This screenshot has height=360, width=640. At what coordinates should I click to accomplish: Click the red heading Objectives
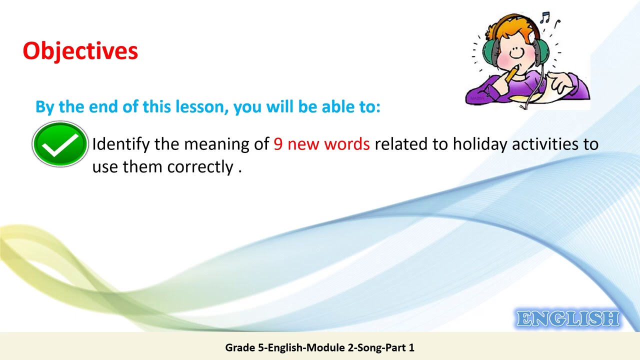click(80, 51)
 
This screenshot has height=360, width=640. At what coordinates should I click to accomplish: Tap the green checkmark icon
click(60, 144)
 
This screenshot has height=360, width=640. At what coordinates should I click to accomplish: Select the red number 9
click(278, 144)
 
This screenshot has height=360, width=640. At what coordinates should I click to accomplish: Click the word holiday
click(480, 144)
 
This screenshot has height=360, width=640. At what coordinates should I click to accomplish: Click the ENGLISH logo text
click(568, 319)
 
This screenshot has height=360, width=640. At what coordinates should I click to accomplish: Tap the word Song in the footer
click(369, 347)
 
